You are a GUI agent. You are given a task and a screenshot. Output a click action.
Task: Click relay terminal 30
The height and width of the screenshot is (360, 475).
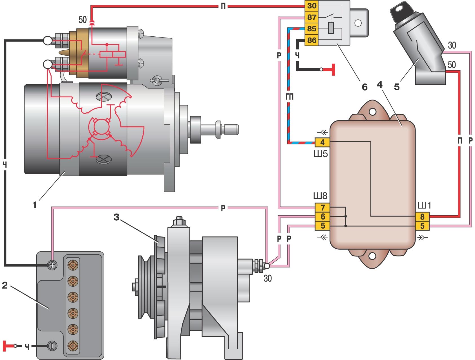311,6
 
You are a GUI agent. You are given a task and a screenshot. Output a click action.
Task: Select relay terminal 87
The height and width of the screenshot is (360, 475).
311,17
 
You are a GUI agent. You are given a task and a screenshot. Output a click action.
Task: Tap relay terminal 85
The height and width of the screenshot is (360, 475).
311,29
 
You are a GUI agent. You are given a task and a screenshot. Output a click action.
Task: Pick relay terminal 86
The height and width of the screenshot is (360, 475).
311,41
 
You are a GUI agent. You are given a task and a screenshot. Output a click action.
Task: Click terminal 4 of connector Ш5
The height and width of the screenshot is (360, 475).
322,142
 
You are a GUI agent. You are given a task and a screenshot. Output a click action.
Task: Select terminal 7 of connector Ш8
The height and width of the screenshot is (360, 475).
322,208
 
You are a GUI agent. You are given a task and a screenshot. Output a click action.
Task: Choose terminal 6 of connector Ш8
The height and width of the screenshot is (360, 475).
322,217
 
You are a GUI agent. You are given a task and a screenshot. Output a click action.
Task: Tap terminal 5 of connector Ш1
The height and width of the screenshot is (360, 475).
422,226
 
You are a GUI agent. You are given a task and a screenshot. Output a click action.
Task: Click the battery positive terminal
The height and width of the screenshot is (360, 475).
52,265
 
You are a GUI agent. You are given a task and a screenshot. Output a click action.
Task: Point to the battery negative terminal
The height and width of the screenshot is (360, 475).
52,346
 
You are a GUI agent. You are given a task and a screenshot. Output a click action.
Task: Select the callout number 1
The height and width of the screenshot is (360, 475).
34,205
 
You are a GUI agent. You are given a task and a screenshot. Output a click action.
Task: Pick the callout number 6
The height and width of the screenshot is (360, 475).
364,87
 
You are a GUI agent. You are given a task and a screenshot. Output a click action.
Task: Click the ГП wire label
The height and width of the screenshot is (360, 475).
289,97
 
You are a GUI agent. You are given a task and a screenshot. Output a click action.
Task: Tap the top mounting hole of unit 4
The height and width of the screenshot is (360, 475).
373,112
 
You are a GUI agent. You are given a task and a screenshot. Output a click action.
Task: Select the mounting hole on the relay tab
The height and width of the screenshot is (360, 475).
358,23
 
